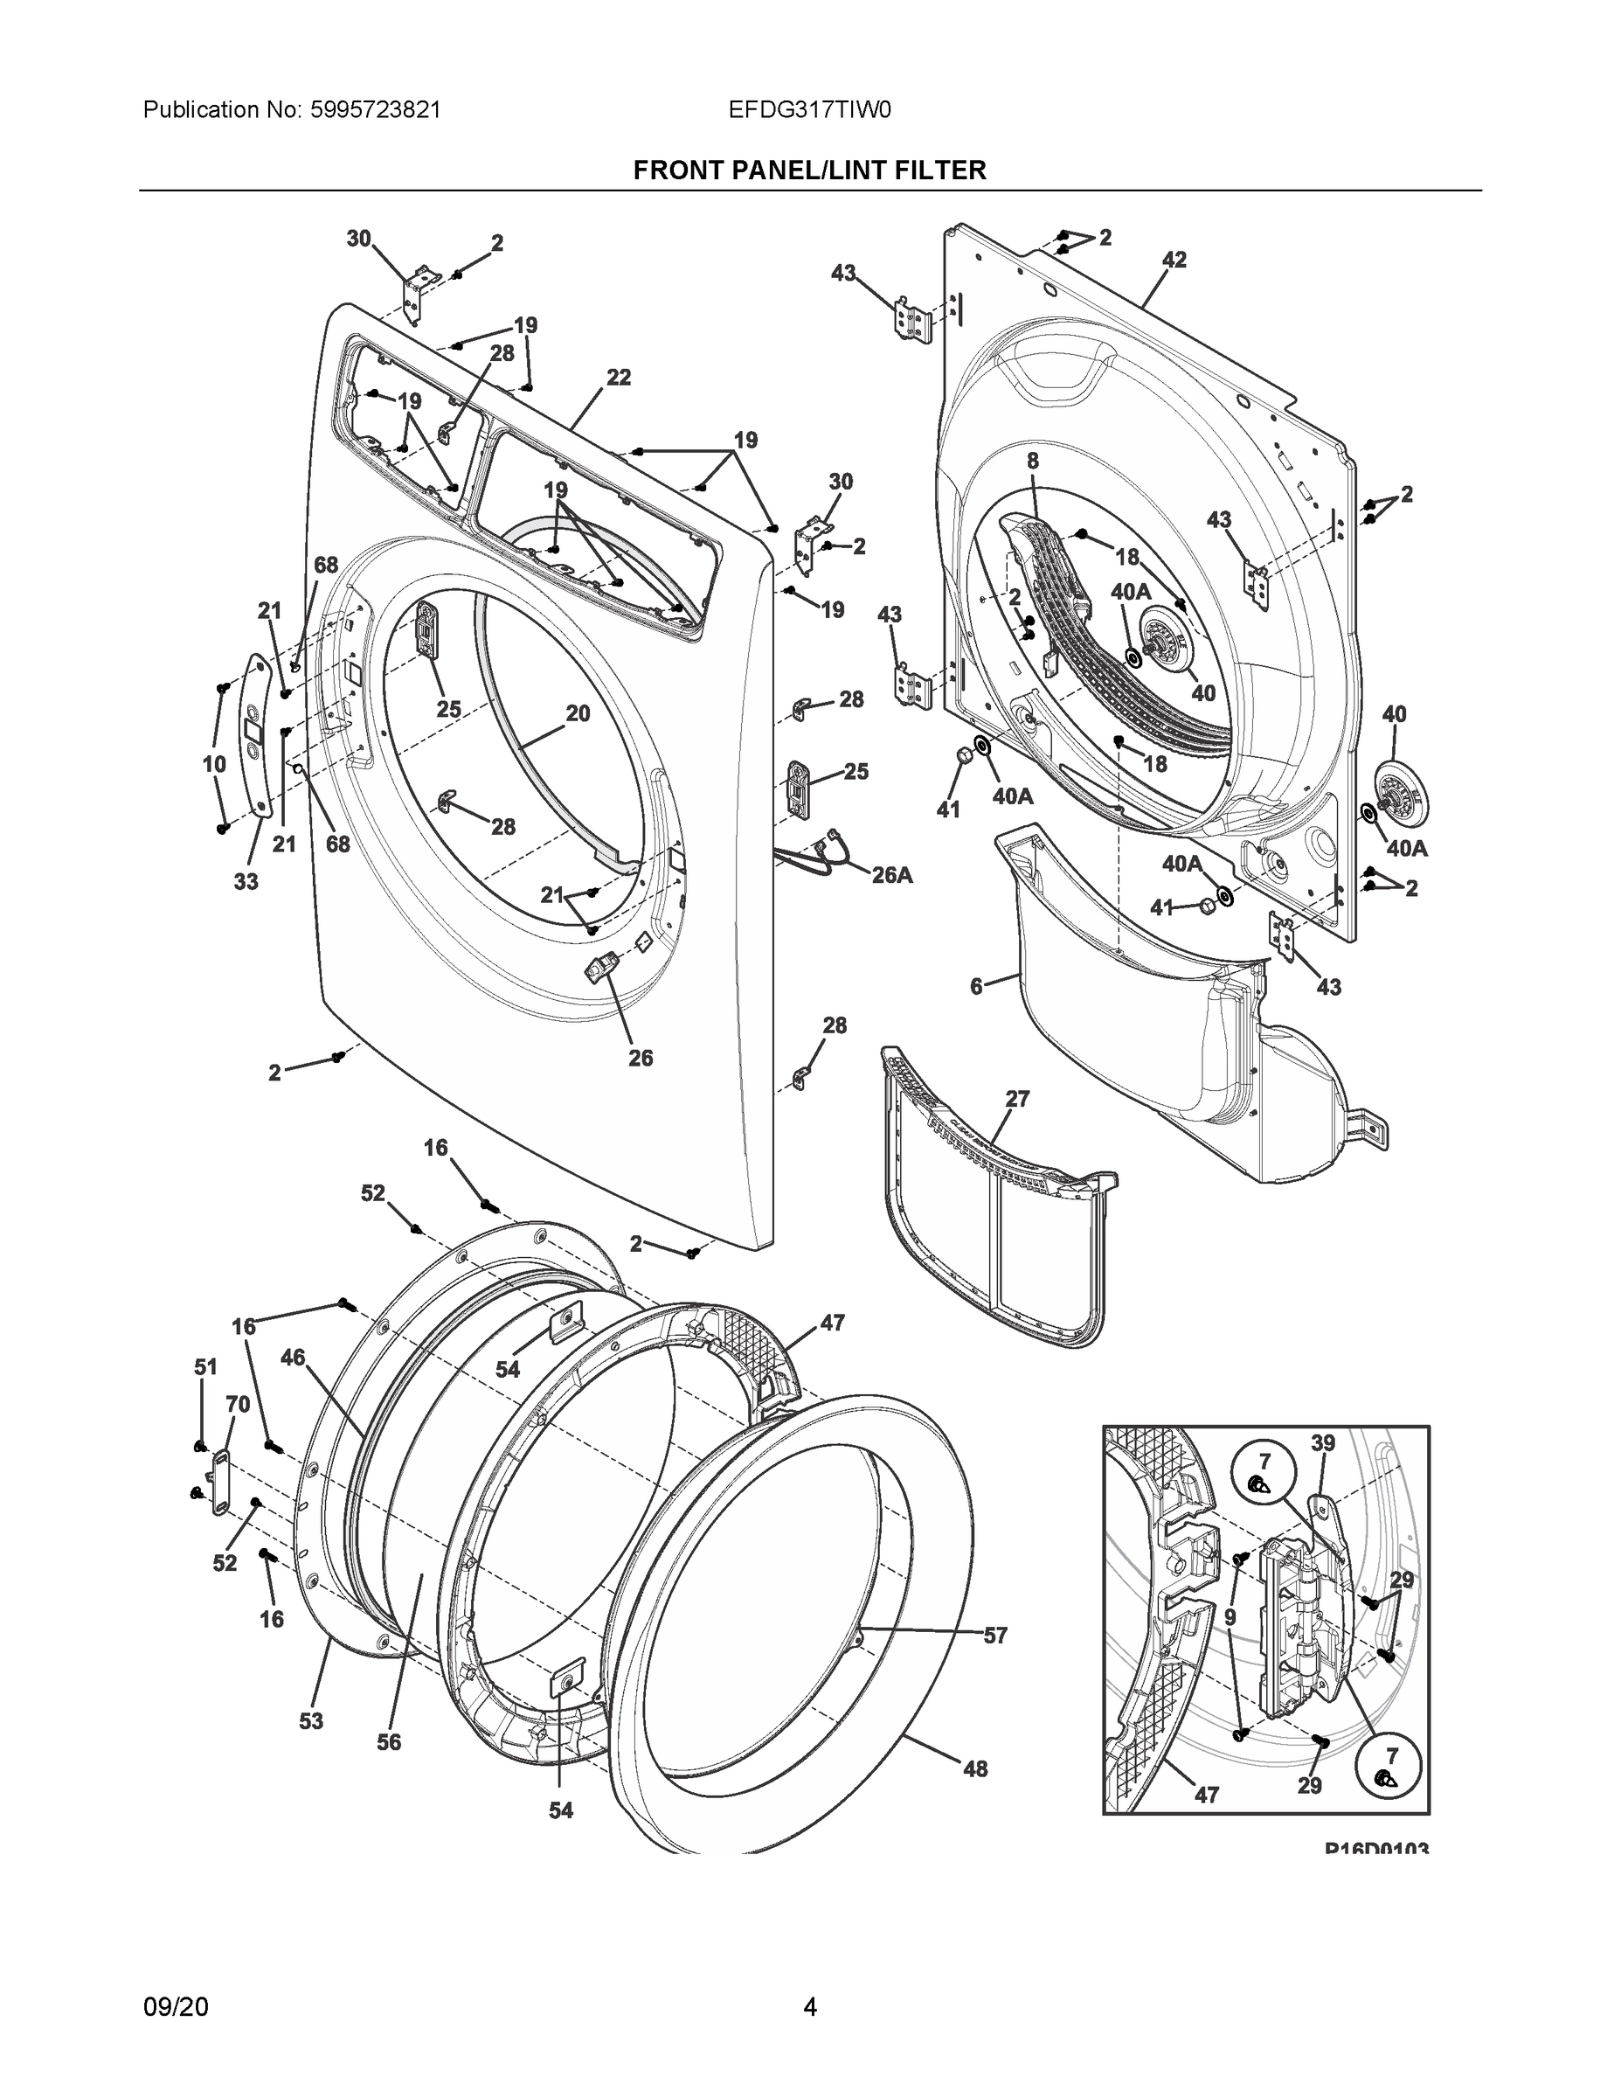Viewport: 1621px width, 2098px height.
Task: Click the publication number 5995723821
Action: coord(376,109)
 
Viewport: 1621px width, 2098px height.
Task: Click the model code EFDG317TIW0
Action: coord(809,109)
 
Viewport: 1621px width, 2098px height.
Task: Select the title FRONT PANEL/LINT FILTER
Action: coord(809,170)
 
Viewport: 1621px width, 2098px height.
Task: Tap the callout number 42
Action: coord(1174,260)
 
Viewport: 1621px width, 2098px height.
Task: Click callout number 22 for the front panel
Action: coord(619,378)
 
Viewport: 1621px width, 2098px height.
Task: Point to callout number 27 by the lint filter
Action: coord(1017,1099)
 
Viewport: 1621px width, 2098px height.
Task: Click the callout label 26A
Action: coord(891,875)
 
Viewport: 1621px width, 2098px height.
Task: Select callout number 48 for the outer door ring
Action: coord(974,1768)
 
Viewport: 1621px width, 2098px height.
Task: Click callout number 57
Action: coord(994,1635)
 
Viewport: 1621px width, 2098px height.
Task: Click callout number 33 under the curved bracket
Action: coord(246,881)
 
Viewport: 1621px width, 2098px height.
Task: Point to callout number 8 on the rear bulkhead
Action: coord(1032,461)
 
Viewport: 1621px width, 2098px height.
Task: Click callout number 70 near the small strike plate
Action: coord(237,1405)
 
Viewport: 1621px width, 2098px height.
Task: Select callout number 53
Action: coord(311,1721)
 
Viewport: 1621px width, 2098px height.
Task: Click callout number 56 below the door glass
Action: coord(389,1741)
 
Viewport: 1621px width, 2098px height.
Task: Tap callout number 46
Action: coord(293,1358)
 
